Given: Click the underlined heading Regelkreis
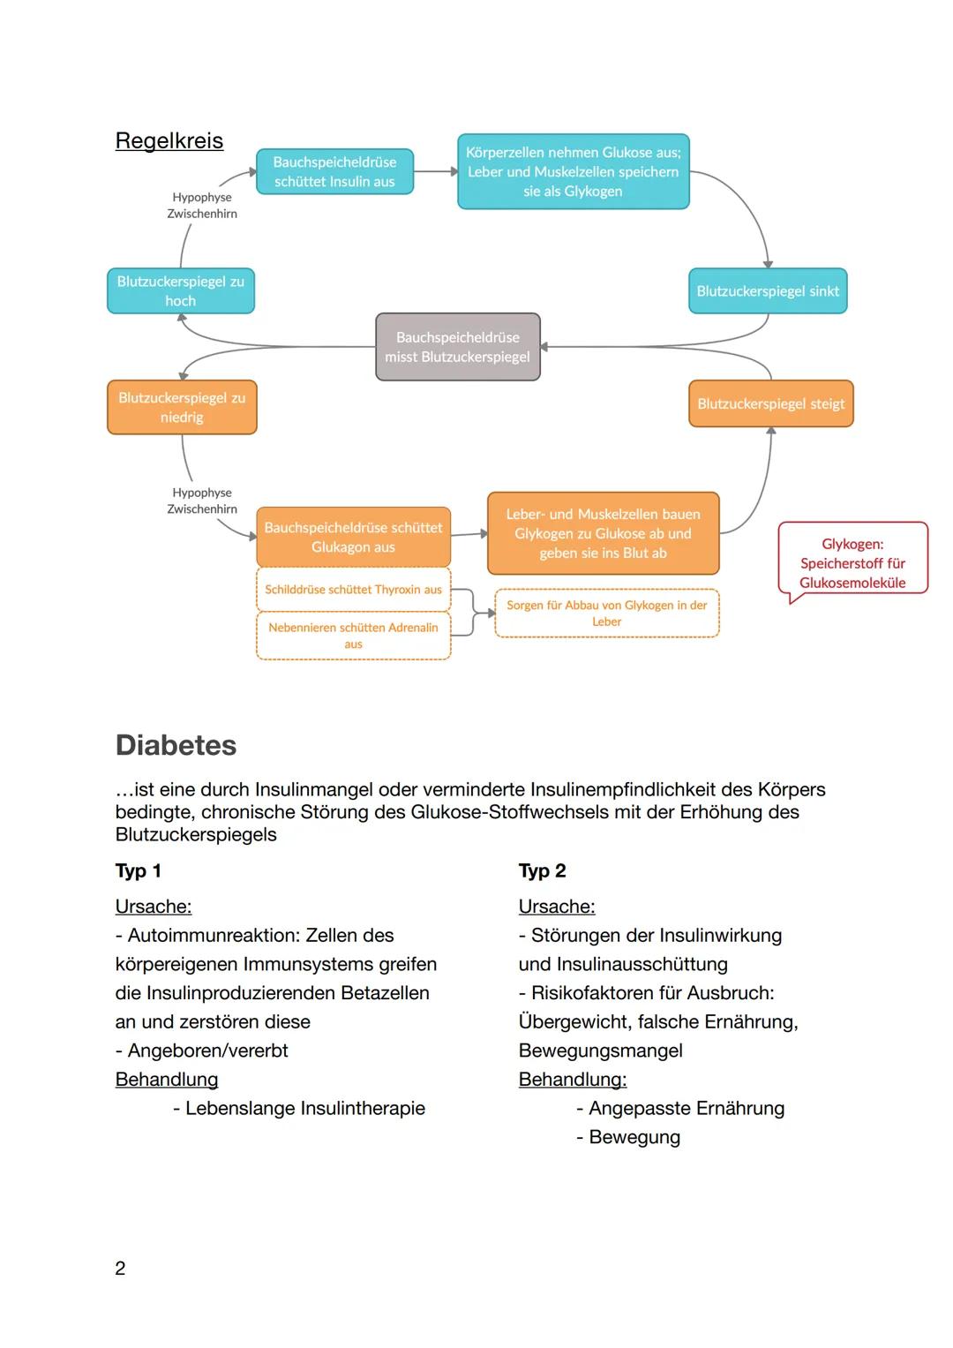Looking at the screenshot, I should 169,140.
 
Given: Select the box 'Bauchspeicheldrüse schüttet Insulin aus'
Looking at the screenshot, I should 334,171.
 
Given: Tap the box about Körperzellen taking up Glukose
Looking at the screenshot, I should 573,171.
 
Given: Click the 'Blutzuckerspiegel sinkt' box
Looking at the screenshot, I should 767,290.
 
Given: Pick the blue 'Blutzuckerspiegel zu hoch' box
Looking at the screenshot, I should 180,290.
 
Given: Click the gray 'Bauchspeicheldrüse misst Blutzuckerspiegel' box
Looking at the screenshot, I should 457,347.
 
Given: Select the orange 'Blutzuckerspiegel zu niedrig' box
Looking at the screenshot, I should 182,407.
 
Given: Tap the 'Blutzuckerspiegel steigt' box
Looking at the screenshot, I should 770,403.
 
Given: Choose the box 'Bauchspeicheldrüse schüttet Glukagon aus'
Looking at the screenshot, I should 353,537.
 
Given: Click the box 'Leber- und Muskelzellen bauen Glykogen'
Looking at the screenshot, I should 603,533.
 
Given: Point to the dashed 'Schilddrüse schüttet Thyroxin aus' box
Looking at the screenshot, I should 353,589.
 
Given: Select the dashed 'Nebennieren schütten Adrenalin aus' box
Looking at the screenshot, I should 353,635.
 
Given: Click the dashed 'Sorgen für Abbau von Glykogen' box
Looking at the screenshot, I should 606,613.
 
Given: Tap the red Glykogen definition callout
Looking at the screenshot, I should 852,562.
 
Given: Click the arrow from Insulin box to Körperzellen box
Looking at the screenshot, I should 435,171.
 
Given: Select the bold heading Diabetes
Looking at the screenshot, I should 176,745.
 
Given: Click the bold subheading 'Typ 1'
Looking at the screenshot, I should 138,870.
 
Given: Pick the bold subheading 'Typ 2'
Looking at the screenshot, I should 542,870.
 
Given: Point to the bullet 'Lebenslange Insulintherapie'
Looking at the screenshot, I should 304,1108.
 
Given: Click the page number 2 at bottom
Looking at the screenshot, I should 120,1268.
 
